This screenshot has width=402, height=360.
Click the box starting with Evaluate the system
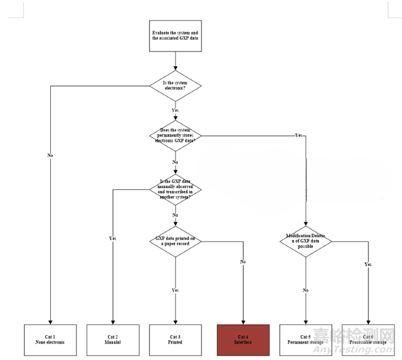click(x=175, y=35)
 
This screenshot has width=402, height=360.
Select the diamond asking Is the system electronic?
click(x=175, y=86)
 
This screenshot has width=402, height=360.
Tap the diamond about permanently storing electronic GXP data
click(x=175, y=135)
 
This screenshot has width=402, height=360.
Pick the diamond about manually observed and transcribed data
click(x=175, y=189)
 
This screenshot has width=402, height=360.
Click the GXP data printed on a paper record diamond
click(x=175, y=241)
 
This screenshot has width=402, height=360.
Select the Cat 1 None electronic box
click(x=50, y=340)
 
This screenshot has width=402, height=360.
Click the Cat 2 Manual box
click(x=113, y=340)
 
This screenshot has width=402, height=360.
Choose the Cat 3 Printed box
click(x=175, y=340)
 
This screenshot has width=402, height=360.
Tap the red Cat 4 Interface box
click(x=243, y=340)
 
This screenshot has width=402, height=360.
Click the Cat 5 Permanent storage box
click(x=306, y=340)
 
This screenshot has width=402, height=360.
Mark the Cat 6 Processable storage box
click(x=369, y=340)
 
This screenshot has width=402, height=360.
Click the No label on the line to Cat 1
click(x=50, y=155)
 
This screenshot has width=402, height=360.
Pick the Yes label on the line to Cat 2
click(x=113, y=238)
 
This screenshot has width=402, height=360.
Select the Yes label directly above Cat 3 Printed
click(x=175, y=290)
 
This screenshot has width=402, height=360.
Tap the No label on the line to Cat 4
click(x=243, y=261)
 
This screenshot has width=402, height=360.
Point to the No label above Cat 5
click(x=306, y=290)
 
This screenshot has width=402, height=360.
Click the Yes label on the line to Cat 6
click(x=369, y=264)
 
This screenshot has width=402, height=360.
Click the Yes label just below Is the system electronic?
click(x=175, y=110)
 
